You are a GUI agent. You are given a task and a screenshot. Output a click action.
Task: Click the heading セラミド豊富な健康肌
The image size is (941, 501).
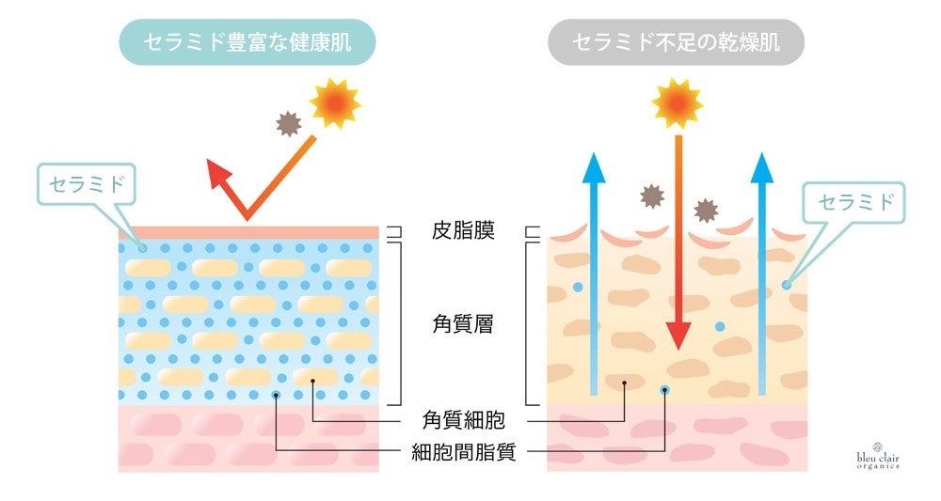(247, 42)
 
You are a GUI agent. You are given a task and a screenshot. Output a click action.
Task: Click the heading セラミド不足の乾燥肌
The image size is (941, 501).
(676, 42)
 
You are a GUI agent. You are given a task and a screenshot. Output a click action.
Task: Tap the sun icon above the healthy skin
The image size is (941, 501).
(335, 103)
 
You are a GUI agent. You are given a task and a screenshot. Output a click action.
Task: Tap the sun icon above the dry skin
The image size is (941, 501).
(677, 102)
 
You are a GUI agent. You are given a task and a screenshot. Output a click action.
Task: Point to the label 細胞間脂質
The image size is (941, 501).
(464, 452)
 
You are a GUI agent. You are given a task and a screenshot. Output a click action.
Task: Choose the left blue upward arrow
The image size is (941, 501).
(592, 273)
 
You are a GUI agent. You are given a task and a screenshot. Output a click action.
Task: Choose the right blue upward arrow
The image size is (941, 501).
(761, 273)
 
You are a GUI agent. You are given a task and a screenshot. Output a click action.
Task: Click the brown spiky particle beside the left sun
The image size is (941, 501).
(287, 122)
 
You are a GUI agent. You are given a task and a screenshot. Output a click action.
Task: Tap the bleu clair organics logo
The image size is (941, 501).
(877, 456)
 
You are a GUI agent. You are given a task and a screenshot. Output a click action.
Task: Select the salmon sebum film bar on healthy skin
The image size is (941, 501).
(248, 231)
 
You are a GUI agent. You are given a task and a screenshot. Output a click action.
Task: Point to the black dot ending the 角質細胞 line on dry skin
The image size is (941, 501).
(624, 384)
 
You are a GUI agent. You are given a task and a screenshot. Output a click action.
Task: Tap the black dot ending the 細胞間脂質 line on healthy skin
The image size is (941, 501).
(276, 396)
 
